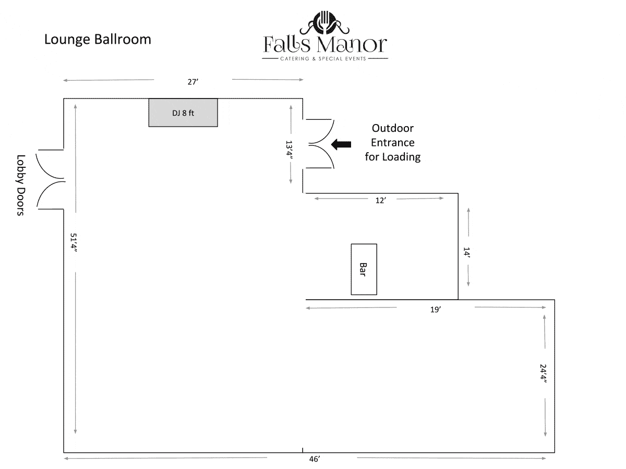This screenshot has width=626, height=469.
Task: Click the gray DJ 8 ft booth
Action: click(183, 113)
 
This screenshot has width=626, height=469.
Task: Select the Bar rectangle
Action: click(364, 269)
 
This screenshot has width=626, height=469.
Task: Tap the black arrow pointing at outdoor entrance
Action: click(342, 144)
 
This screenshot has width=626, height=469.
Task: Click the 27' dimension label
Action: click(193, 82)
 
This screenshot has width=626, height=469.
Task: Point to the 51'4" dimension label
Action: click(75, 243)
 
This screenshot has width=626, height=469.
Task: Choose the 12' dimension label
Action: click(380, 201)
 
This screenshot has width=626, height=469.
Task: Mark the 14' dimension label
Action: click(467, 254)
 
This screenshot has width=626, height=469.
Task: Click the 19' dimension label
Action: click(436, 310)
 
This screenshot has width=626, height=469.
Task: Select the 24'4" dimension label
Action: click(544, 374)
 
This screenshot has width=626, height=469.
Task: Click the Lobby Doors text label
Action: click(21, 185)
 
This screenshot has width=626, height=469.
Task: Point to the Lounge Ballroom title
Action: click(98, 39)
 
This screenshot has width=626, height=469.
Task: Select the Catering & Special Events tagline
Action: click(324, 59)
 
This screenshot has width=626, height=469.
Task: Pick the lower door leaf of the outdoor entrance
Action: click(320, 156)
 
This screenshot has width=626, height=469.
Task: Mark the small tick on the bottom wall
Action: click(303, 450)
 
